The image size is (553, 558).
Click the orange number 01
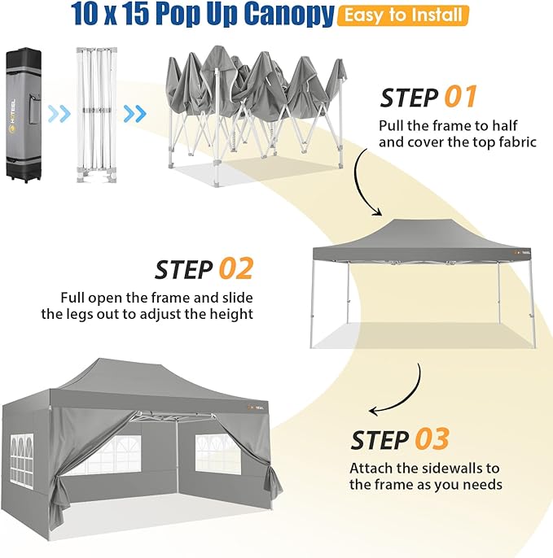click(460, 97)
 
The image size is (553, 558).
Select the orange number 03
click(432, 438)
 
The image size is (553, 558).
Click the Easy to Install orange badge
click(403, 15)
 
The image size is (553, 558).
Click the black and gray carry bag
click(24, 115)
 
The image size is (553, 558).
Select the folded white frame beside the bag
click(97, 115)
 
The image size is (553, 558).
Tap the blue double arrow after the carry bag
click(59, 114)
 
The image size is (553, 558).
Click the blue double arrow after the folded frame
click(134, 114)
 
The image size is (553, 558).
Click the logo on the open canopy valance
click(522, 252)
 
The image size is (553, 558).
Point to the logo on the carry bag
click(12, 115)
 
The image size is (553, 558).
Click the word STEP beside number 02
click(184, 269)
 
